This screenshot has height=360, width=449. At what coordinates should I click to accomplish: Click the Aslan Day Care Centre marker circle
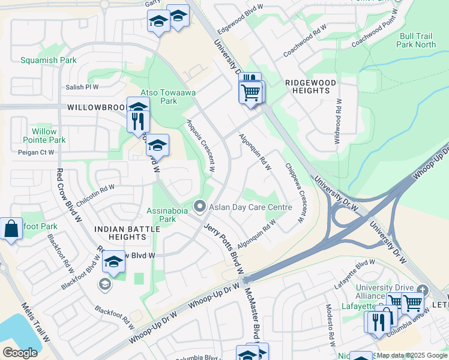pos(200,207)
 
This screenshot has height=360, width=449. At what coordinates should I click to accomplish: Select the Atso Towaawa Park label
pos(159,97)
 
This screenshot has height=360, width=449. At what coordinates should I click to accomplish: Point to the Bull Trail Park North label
pos(417,40)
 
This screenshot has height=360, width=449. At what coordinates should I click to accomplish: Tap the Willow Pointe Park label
pos(45,136)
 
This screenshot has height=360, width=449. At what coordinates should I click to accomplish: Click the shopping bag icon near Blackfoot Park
pos(11,229)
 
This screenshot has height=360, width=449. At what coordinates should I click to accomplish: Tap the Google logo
pos(20,352)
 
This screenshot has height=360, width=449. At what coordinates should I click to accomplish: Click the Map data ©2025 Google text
pos(412,355)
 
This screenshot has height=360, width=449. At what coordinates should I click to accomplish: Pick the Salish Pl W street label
pos(82,87)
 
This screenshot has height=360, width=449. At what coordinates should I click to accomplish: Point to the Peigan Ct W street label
pos(38,152)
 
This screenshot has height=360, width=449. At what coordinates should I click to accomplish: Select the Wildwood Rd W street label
pos(337,125)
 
